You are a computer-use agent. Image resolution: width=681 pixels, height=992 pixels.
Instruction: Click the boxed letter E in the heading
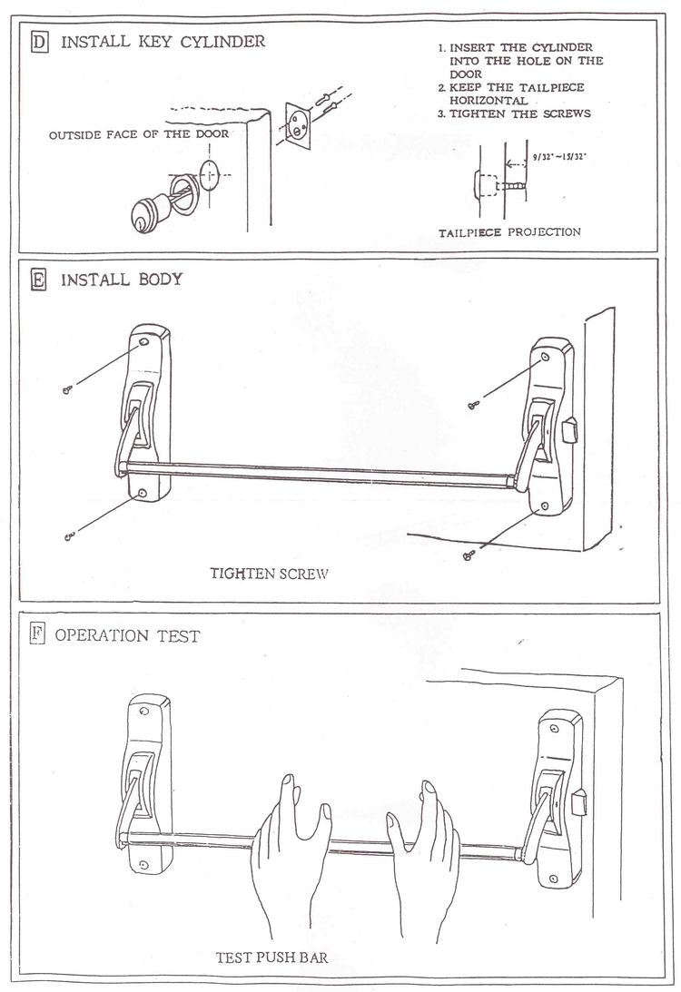point(38,280)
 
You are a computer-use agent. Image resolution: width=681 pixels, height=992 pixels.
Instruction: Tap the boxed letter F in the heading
point(37,634)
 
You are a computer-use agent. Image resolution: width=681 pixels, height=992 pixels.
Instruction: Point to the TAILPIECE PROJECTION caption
point(509,232)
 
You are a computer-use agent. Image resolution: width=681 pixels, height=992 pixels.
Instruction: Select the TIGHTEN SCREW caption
point(269,574)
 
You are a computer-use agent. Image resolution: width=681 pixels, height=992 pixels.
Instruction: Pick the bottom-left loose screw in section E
point(68,536)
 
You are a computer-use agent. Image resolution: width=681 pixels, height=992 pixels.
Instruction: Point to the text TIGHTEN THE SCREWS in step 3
point(527,113)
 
